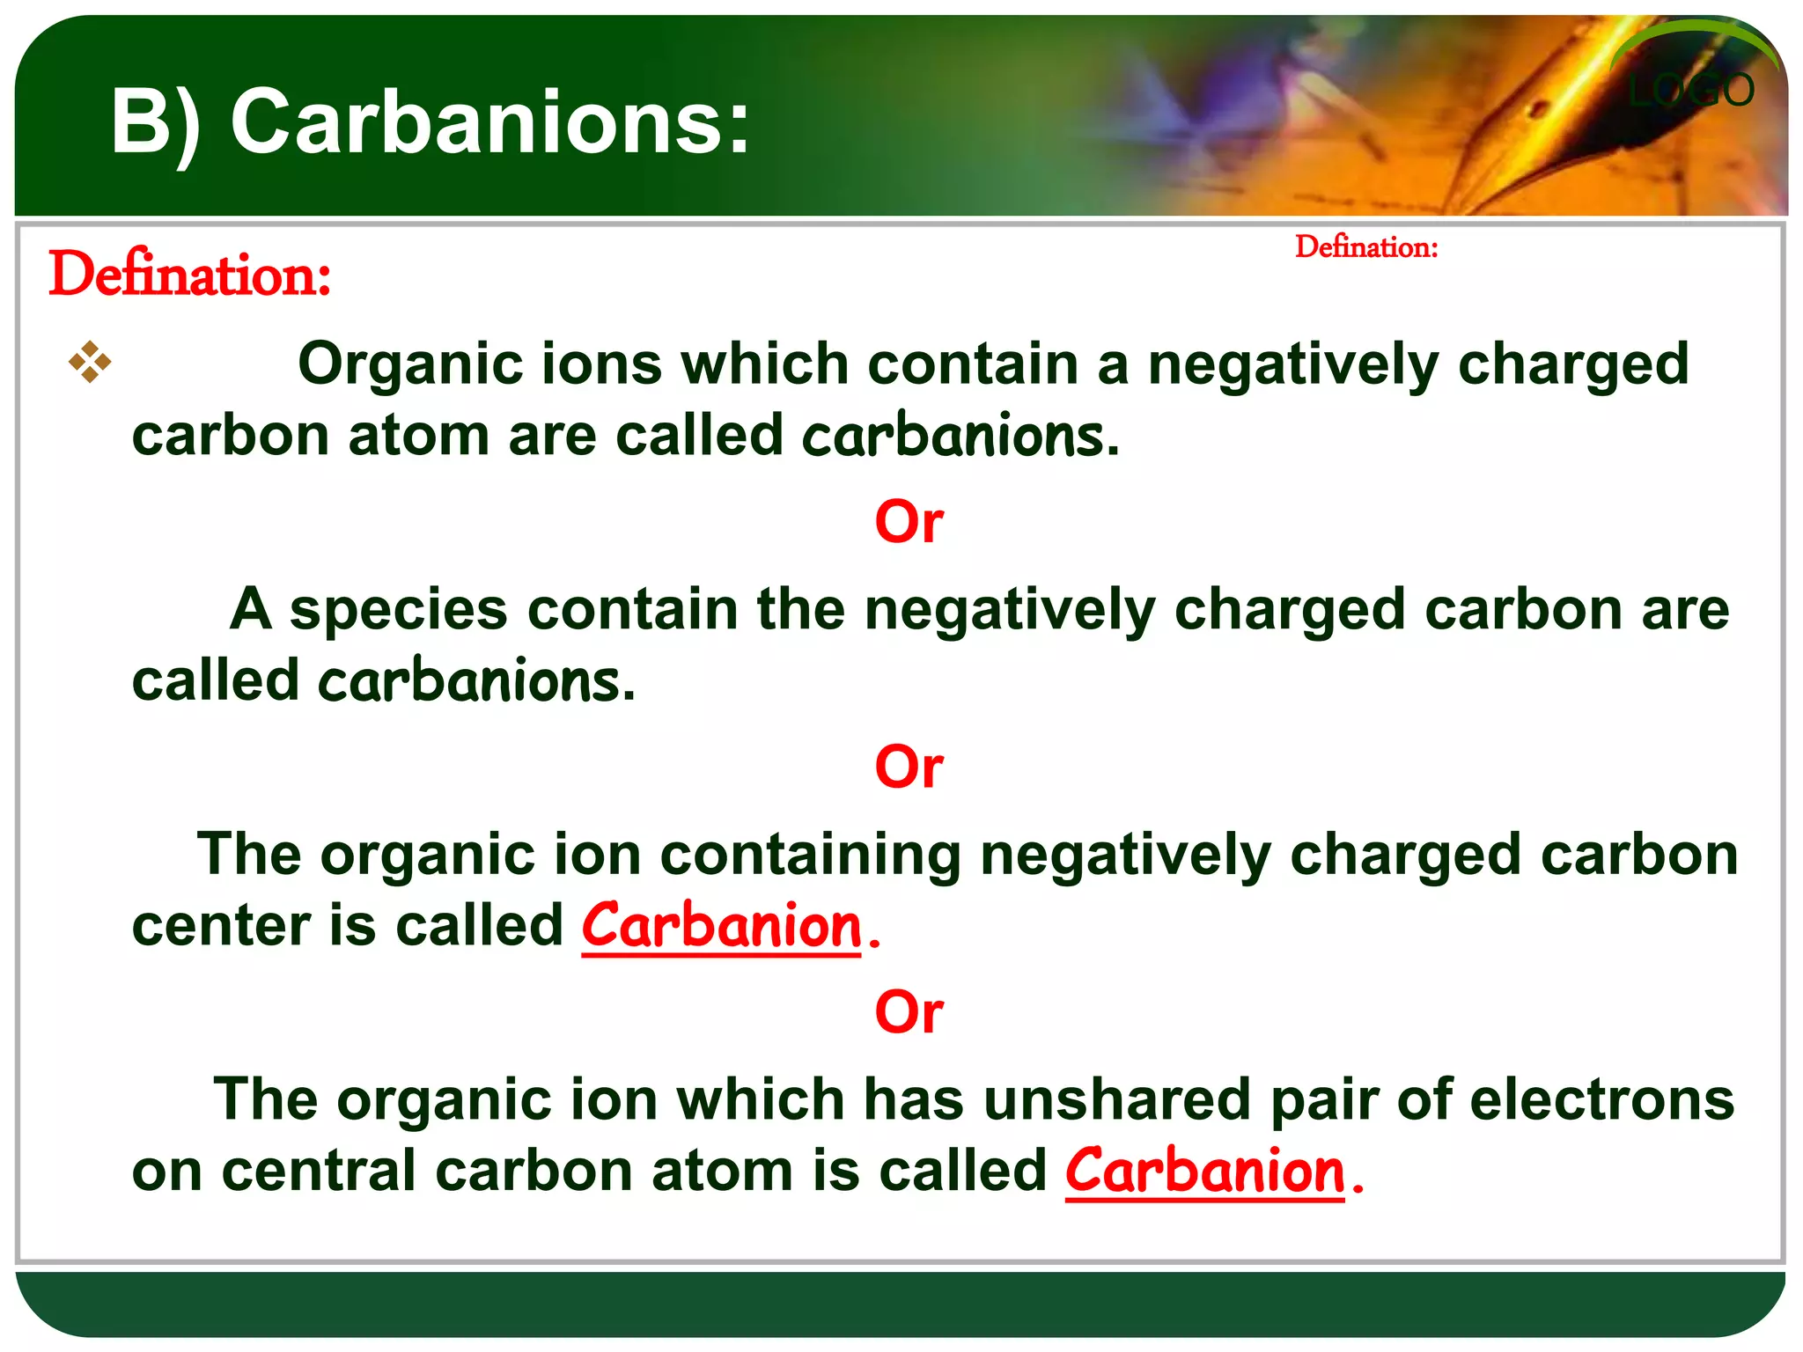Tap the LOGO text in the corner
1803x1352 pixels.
(x=1690, y=91)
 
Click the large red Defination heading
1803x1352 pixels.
(x=190, y=275)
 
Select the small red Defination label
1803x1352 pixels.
(x=1366, y=247)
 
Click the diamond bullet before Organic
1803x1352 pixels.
(x=90, y=362)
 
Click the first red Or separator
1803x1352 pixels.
(x=909, y=522)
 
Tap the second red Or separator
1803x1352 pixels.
(x=909, y=767)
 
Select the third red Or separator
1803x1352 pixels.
(x=909, y=1012)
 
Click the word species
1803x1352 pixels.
(x=399, y=610)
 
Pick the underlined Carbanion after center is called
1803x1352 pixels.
(x=722, y=927)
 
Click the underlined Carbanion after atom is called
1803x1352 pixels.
(x=1204, y=1172)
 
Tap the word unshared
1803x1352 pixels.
(x=1117, y=1100)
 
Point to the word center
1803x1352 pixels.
(x=221, y=927)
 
